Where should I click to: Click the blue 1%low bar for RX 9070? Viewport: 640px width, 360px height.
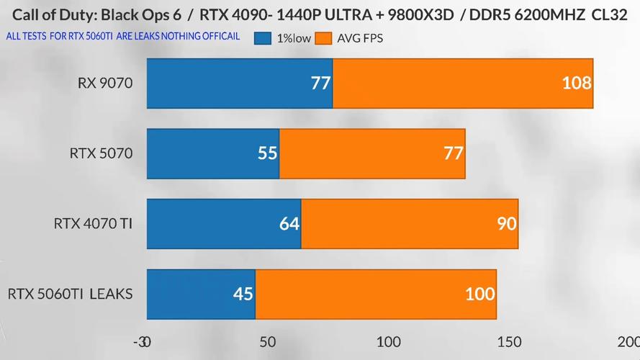click(x=239, y=84)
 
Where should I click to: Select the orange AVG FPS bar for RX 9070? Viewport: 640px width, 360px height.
click(x=463, y=84)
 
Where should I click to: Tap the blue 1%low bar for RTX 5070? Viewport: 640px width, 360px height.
click(x=212, y=153)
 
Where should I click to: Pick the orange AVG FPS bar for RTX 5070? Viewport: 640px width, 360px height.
click(x=372, y=153)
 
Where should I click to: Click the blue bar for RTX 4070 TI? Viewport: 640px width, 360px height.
click(x=223, y=223)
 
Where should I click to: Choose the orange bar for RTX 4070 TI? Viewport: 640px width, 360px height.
click(x=410, y=223)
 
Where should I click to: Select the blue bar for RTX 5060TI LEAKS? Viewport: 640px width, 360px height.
click(x=201, y=294)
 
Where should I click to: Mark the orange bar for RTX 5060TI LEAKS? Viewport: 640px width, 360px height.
click(x=376, y=294)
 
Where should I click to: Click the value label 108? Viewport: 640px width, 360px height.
click(x=576, y=84)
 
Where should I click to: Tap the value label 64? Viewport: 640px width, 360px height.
click(x=289, y=223)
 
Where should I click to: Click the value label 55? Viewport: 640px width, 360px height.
click(x=267, y=153)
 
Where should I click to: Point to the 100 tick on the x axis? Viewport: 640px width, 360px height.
click(x=389, y=341)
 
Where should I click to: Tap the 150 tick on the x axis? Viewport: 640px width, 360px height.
click(x=509, y=341)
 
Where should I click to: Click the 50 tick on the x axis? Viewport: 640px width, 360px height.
click(x=268, y=341)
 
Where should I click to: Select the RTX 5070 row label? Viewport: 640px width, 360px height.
click(x=101, y=153)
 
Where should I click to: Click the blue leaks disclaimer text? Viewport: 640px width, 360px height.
click(x=122, y=36)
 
